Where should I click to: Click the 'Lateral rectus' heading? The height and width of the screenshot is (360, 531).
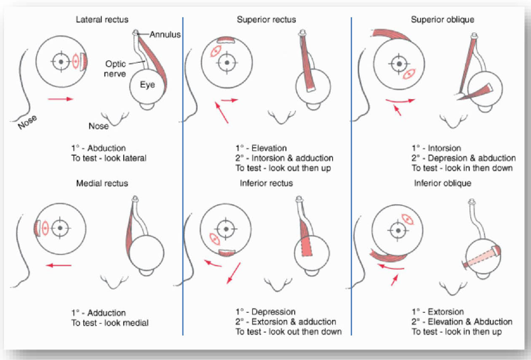(102, 19)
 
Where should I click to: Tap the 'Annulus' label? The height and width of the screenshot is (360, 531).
(165, 35)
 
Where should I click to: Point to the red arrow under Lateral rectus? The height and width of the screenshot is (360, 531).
(60, 99)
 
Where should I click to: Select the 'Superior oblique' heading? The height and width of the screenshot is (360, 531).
(443, 19)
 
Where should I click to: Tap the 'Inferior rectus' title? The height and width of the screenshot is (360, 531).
(266, 183)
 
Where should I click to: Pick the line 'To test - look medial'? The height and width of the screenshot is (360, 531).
(109, 323)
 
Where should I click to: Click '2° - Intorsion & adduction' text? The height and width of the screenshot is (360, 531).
(284, 158)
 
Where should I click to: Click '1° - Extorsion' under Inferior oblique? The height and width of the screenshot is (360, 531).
(437, 311)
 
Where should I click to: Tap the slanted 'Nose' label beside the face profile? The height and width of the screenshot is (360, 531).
(27, 121)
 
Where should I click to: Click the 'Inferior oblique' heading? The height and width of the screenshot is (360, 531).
(443, 183)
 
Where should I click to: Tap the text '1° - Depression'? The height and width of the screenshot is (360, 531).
(265, 311)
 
